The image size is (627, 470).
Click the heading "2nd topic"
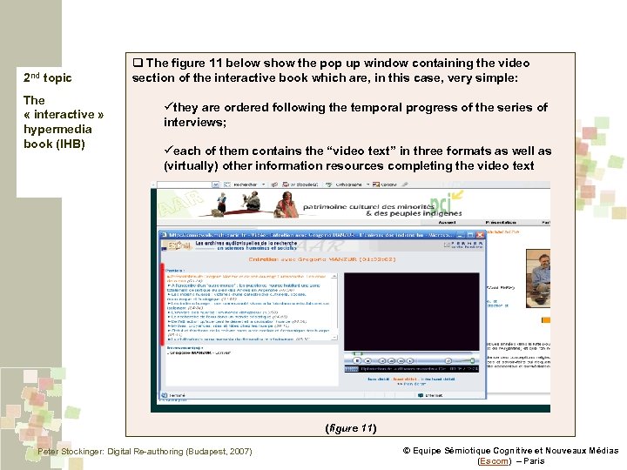[x=47, y=78]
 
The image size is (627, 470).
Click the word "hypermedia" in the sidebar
[x=52, y=129]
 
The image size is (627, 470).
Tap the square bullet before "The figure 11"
[x=138, y=64]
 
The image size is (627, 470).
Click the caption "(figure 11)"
[x=350, y=427]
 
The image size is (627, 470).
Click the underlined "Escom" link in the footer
[x=494, y=460]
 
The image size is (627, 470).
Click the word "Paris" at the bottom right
[x=531, y=460]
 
